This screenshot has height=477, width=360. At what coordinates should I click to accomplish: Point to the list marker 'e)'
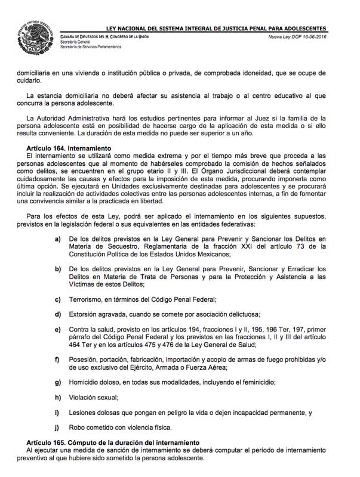coord(58,330)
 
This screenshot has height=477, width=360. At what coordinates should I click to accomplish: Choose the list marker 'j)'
coord(58,427)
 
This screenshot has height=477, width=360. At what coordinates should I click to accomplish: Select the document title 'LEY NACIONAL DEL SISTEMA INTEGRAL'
coord(179,28)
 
